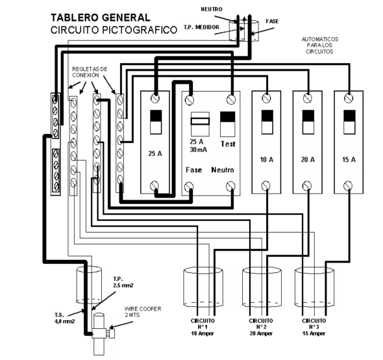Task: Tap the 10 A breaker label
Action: (265, 159)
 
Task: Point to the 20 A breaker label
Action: (306, 159)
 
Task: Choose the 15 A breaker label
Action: (348, 159)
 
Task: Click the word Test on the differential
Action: (229, 144)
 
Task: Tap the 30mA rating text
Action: (196, 149)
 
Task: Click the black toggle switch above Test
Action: (228, 122)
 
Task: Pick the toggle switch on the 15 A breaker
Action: (348, 122)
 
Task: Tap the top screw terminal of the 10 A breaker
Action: (266, 98)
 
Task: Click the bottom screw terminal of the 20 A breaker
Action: (306, 186)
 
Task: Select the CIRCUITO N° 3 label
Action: (314, 325)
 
